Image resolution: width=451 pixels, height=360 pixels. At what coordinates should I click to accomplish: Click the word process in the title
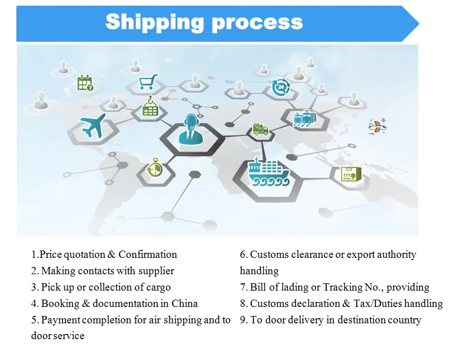point(257,23)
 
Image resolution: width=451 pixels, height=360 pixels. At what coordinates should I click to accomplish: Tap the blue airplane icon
point(93,126)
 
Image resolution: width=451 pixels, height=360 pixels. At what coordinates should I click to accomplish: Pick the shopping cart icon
point(147,83)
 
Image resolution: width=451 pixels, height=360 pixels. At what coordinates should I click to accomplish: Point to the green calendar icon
point(85,84)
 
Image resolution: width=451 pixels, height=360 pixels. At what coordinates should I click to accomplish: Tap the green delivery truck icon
point(260,129)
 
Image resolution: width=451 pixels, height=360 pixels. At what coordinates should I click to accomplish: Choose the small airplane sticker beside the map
point(376,126)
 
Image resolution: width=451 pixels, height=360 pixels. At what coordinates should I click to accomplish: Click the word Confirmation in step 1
point(148,254)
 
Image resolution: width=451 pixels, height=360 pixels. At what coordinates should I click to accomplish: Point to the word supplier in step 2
point(154,271)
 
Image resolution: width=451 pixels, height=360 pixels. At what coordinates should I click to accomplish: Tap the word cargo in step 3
point(157,287)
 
